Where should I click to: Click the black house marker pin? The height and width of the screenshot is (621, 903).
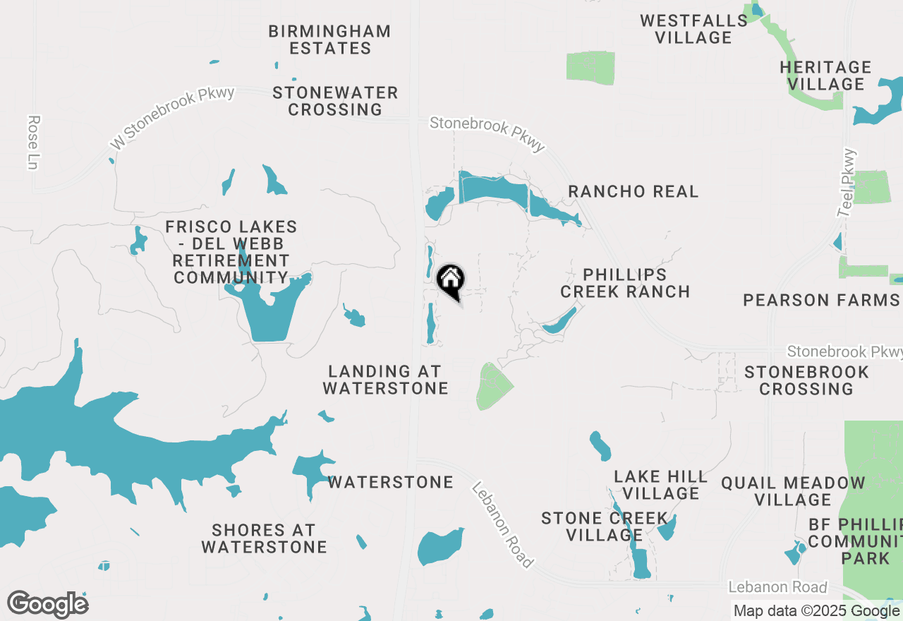click(x=451, y=280)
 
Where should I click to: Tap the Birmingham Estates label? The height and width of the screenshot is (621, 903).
click(x=329, y=40)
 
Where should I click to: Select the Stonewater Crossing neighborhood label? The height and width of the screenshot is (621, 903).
click(x=335, y=101)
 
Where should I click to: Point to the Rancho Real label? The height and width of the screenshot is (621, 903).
click(x=633, y=191)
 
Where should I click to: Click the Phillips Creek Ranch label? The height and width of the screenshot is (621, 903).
click(x=625, y=283)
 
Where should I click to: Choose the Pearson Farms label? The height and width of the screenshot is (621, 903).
click(x=821, y=301)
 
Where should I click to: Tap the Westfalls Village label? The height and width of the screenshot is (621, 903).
click(x=693, y=29)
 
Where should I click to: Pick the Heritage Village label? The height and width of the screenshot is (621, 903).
click(x=825, y=76)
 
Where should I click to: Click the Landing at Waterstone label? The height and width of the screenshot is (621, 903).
click(x=385, y=380)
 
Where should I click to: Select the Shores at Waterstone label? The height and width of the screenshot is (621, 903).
click(x=264, y=538)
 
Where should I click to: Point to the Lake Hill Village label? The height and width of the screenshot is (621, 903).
click(x=661, y=485)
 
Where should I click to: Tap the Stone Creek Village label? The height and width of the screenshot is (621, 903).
click(x=604, y=527)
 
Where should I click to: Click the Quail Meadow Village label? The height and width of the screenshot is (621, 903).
click(x=793, y=491)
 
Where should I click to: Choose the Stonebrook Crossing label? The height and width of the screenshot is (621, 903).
click(x=806, y=380)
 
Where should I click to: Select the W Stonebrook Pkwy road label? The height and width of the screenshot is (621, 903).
click(x=171, y=119)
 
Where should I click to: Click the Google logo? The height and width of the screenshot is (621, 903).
click(x=48, y=605)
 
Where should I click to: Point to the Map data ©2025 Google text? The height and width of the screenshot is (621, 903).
click(x=816, y=611)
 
